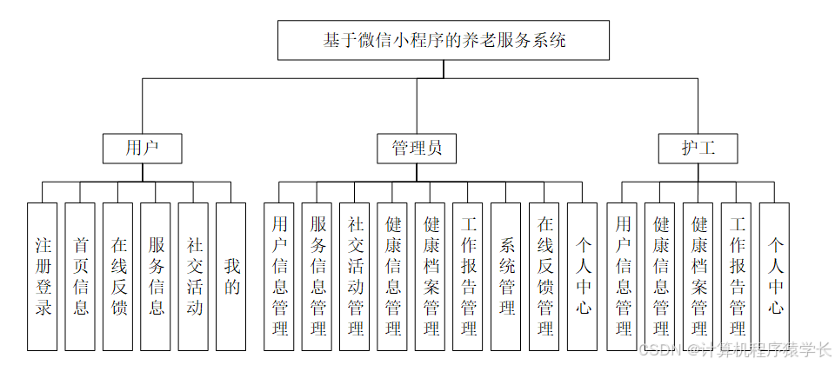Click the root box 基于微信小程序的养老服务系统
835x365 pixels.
click(444, 40)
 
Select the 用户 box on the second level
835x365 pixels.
click(142, 149)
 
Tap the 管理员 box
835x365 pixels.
click(417, 149)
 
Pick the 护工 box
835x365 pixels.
click(698, 149)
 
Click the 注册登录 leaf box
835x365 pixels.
click(43, 276)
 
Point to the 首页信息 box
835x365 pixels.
click(81, 276)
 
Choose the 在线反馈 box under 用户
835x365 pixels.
click(118, 276)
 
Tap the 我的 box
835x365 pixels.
click(232, 276)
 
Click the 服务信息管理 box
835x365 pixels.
click(317, 276)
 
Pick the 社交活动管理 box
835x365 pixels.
click(356, 276)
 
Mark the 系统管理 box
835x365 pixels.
click(507, 276)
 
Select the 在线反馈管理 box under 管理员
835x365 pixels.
click(545, 276)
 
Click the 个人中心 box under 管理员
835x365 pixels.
click(583, 276)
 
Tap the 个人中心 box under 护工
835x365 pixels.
click(775, 276)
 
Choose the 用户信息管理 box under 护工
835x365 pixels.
click(623, 276)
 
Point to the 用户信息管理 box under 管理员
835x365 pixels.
click(279, 276)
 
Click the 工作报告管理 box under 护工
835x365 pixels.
click(737, 276)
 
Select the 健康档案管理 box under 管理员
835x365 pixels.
click(431, 276)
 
